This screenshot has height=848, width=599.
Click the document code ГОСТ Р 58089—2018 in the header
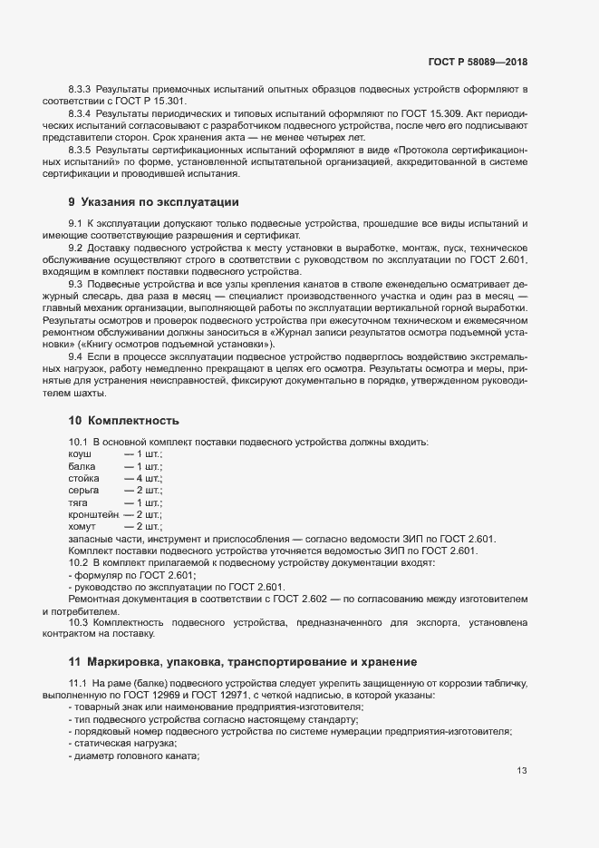(478, 62)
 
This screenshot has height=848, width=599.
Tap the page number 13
(522, 771)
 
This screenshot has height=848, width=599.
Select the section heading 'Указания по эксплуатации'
(154, 201)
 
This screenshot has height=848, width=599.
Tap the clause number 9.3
(75, 284)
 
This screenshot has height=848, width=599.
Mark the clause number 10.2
(78, 563)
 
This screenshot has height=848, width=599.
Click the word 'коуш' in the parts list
(80, 452)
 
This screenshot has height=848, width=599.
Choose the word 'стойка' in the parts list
(83, 477)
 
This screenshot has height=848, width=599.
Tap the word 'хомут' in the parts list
(82, 526)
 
